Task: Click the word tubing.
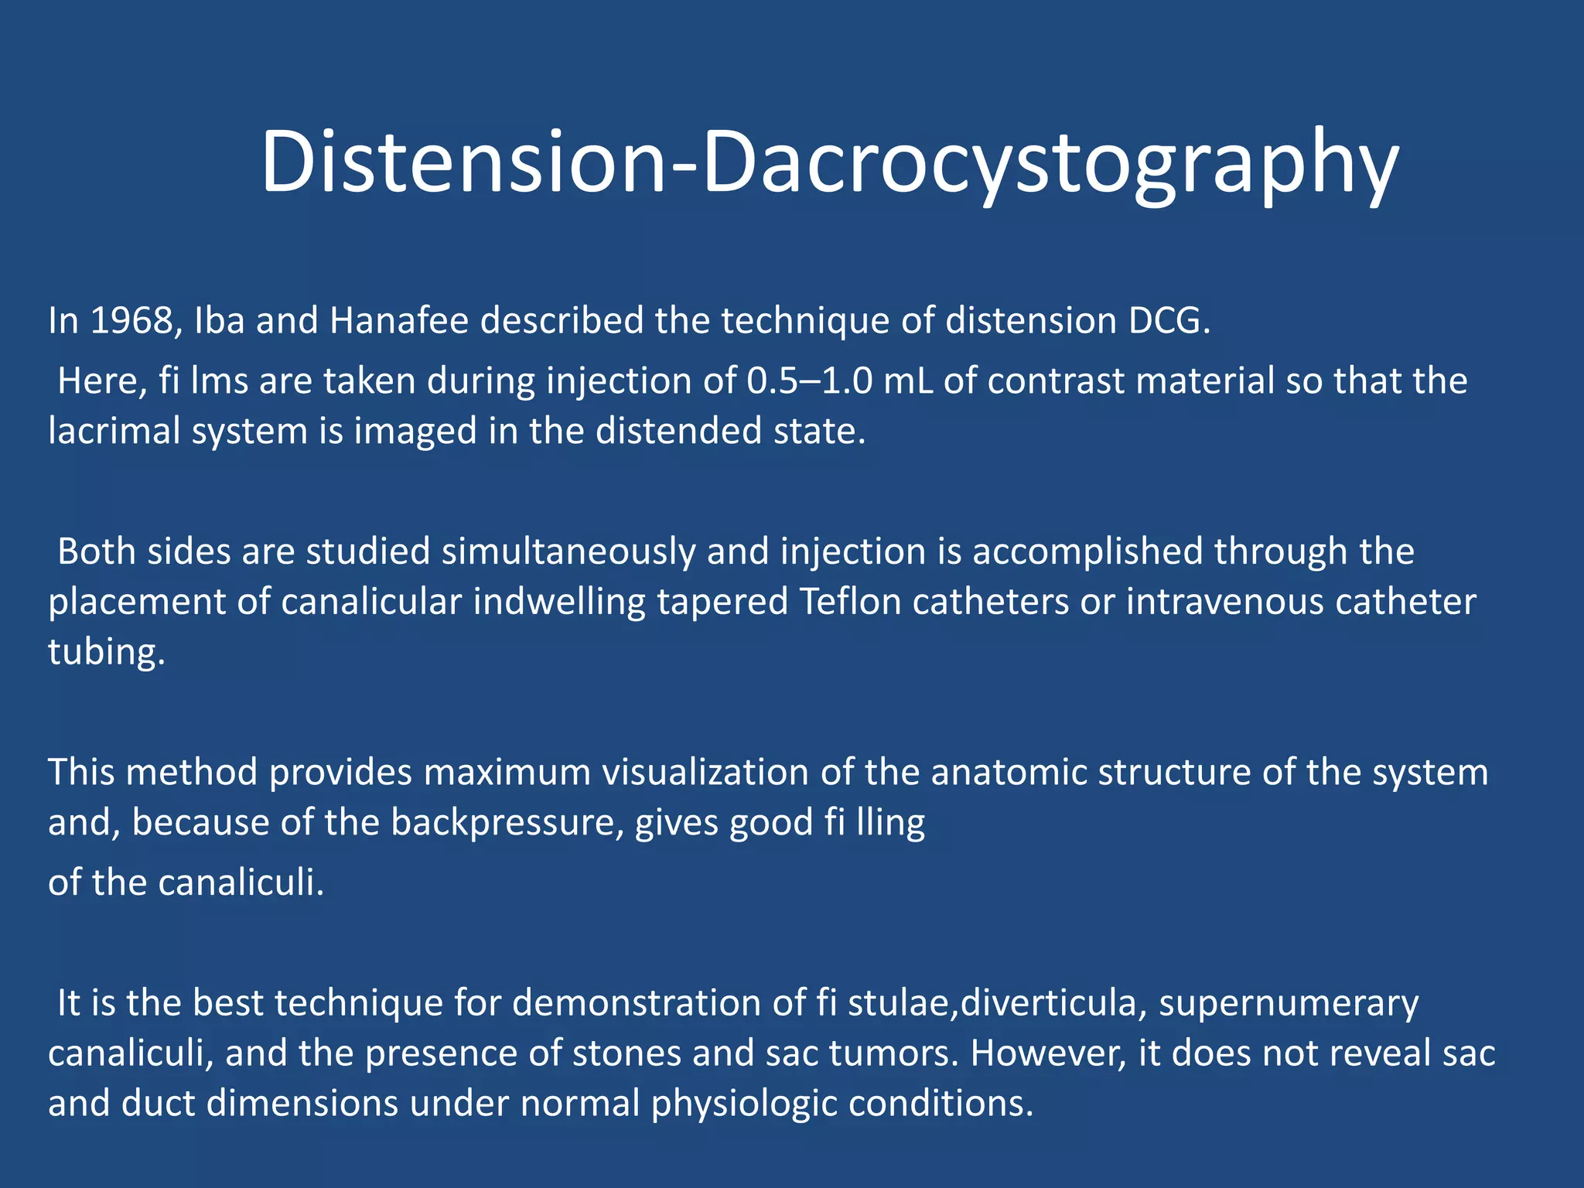pos(107,652)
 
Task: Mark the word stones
pos(626,1053)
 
